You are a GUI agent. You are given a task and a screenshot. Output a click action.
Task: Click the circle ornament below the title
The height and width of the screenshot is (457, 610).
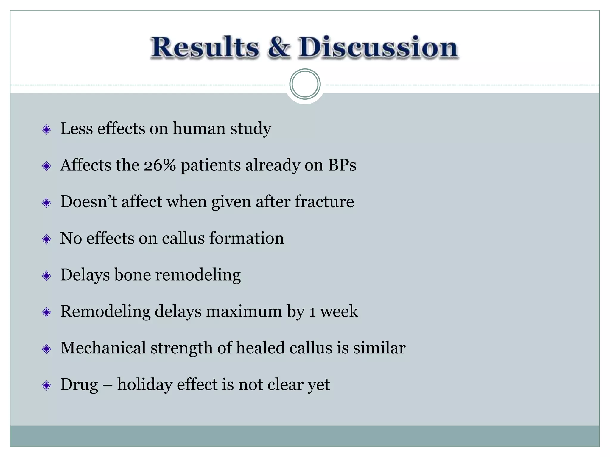[x=305, y=84]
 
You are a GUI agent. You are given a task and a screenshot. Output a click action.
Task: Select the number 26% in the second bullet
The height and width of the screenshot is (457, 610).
[x=160, y=165]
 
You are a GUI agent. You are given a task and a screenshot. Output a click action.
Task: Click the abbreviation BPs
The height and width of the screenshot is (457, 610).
[x=342, y=165]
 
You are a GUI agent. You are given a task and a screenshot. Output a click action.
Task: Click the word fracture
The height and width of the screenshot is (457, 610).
[x=324, y=202]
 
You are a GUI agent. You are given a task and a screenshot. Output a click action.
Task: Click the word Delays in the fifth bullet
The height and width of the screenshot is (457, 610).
[x=85, y=275]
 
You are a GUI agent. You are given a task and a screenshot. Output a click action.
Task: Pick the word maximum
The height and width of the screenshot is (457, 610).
[x=244, y=312]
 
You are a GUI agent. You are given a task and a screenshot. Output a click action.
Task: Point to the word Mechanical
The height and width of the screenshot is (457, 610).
[x=103, y=348]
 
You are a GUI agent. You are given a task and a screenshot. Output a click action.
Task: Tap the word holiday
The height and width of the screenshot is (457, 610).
[x=144, y=385]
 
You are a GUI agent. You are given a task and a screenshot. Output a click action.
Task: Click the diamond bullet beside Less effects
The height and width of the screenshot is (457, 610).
[x=46, y=129]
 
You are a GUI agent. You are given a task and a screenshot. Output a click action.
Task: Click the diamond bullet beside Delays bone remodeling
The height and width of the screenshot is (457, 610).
[x=46, y=276]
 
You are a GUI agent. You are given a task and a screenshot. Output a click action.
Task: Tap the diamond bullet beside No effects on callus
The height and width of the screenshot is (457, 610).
[x=46, y=239]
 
